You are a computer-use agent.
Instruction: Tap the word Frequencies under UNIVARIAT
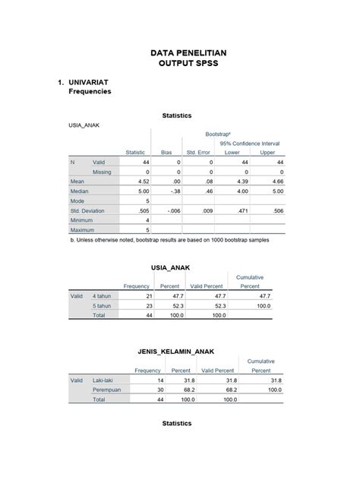(90, 92)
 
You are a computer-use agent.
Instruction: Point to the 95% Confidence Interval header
(250, 143)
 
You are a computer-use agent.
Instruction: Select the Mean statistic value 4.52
(143, 182)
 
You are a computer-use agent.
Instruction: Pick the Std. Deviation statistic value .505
(143, 210)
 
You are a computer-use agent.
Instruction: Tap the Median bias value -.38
(176, 191)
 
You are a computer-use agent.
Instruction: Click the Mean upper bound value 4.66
(277, 182)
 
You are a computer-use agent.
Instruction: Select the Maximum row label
(82, 229)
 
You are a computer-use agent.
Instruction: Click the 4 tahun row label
(104, 295)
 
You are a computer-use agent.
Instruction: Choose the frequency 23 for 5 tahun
(148, 305)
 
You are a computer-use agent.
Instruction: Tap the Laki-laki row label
(106, 380)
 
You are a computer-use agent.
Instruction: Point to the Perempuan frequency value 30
(159, 390)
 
